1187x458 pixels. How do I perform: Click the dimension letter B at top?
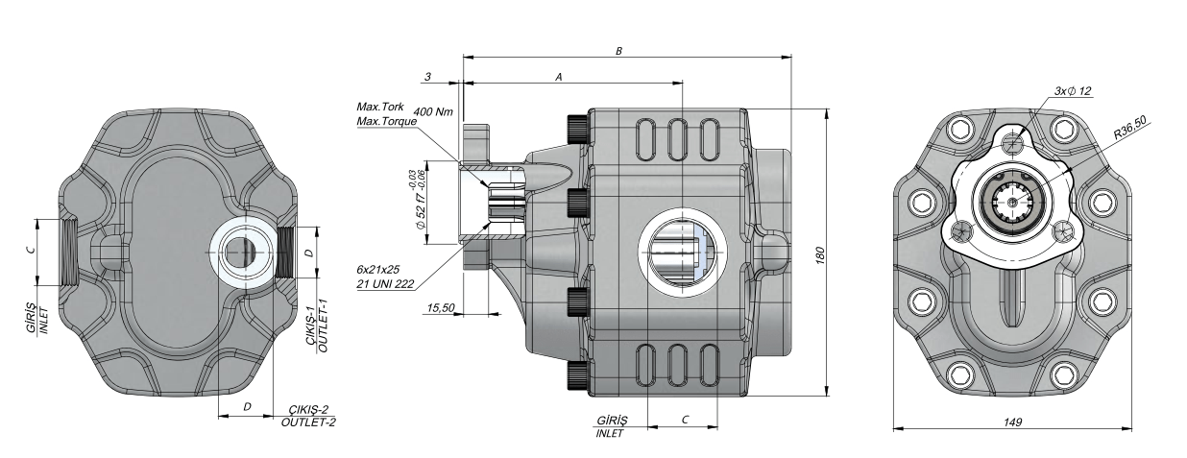click(x=620, y=49)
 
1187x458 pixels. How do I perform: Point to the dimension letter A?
click(x=558, y=75)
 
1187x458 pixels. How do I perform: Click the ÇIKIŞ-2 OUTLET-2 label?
click(x=308, y=415)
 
